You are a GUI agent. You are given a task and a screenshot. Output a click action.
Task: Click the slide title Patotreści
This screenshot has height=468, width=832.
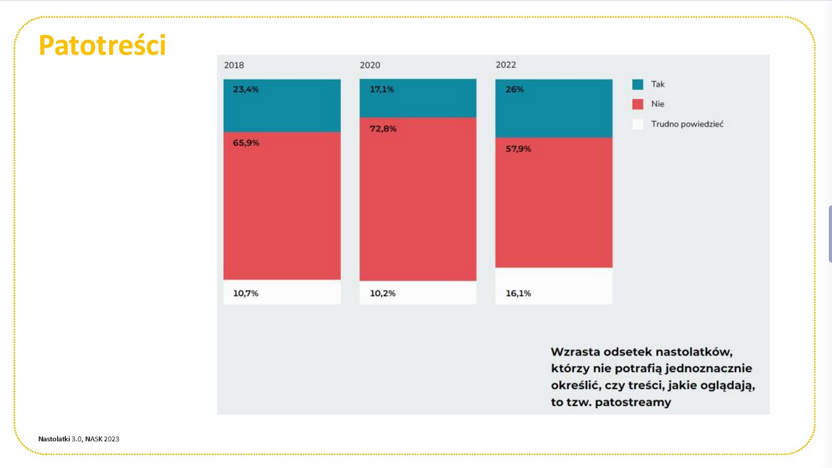[x=102, y=46]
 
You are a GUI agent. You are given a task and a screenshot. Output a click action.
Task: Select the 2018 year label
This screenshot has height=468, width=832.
[x=234, y=65]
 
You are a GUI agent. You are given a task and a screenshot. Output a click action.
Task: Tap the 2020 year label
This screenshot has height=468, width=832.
[x=370, y=65]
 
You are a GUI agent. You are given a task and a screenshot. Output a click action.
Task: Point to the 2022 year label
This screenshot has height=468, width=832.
[x=505, y=65]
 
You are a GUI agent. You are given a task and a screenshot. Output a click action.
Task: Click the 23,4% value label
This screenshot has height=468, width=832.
[x=245, y=89]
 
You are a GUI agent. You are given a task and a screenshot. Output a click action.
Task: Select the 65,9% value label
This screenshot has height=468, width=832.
[x=245, y=143]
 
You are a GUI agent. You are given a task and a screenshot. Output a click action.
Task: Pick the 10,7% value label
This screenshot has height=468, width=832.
[x=245, y=294]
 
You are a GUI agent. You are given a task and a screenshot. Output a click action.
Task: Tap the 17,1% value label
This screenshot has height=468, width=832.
[x=382, y=89]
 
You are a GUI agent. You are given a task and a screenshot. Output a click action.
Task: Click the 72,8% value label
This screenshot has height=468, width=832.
[x=383, y=129]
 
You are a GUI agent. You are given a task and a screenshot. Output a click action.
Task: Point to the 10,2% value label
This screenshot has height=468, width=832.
[x=382, y=294]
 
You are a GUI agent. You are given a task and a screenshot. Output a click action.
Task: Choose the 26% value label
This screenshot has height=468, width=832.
[x=514, y=89]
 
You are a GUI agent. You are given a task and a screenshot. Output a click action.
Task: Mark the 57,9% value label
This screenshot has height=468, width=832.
[x=518, y=149]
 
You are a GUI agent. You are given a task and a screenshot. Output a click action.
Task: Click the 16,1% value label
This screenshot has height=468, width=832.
[x=518, y=294]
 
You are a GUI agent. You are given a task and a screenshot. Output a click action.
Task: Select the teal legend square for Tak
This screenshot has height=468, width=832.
[x=638, y=84]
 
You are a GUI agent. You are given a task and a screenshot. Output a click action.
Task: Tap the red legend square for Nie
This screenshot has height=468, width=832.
[x=638, y=104]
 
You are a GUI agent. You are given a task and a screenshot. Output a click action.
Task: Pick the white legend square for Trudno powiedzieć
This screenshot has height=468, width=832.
[x=638, y=124]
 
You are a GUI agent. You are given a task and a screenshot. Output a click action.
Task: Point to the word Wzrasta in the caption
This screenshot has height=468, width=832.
[x=575, y=352]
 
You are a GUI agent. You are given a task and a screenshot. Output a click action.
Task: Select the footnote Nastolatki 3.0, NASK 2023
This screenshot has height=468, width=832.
[x=79, y=439]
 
